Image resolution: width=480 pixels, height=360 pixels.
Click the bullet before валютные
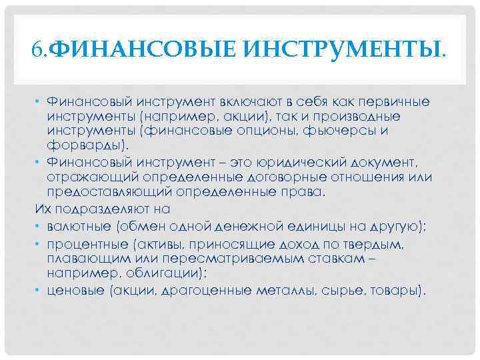click(39, 225)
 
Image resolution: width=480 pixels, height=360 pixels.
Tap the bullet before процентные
click(39, 245)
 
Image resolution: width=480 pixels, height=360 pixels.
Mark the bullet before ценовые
click(39, 291)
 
